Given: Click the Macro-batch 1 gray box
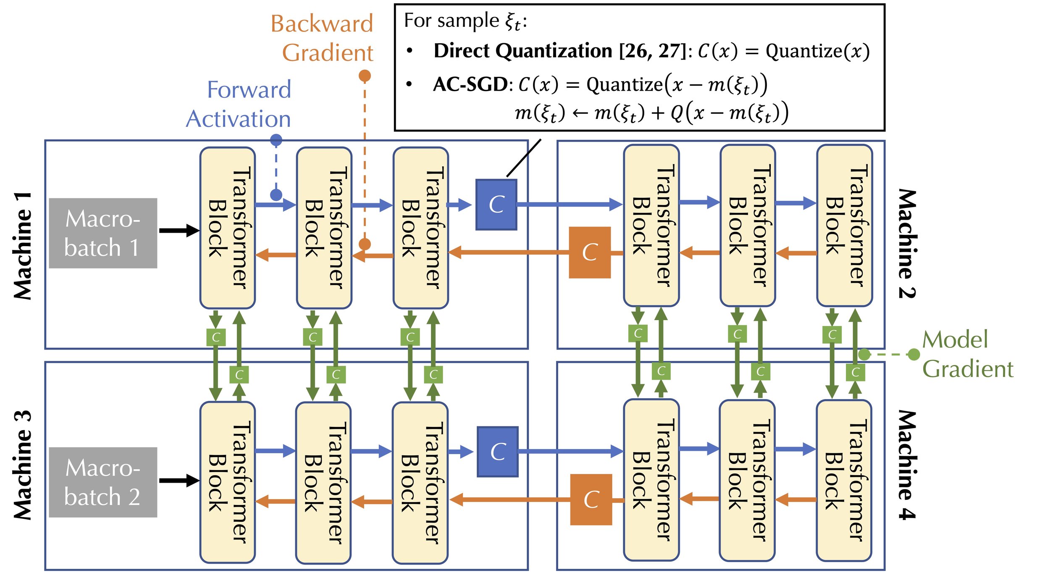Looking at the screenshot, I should tap(103, 233).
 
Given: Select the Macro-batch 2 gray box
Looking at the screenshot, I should tap(103, 482).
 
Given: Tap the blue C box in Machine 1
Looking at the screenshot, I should tap(496, 205).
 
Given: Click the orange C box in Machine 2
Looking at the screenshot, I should tap(590, 252).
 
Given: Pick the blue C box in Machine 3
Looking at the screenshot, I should tap(497, 452).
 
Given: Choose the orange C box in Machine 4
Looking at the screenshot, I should tap(591, 499).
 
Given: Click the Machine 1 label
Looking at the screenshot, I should tap(23, 246).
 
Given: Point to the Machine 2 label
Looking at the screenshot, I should tap(907, 244).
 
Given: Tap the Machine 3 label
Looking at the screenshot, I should tap(23, 465).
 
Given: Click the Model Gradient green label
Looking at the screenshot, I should tap(966, 354).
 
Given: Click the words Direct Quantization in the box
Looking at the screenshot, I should tap(523, 51).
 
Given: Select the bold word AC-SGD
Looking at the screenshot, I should tap(470, 84).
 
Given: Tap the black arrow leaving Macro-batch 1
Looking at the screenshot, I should tap(179, 230).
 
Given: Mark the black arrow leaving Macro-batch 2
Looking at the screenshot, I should tap(179, 480).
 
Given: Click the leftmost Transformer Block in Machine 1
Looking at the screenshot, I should tap(227, 228).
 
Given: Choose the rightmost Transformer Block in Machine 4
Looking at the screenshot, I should tap(843, 481).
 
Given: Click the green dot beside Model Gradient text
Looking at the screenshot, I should tap(914, 355).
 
